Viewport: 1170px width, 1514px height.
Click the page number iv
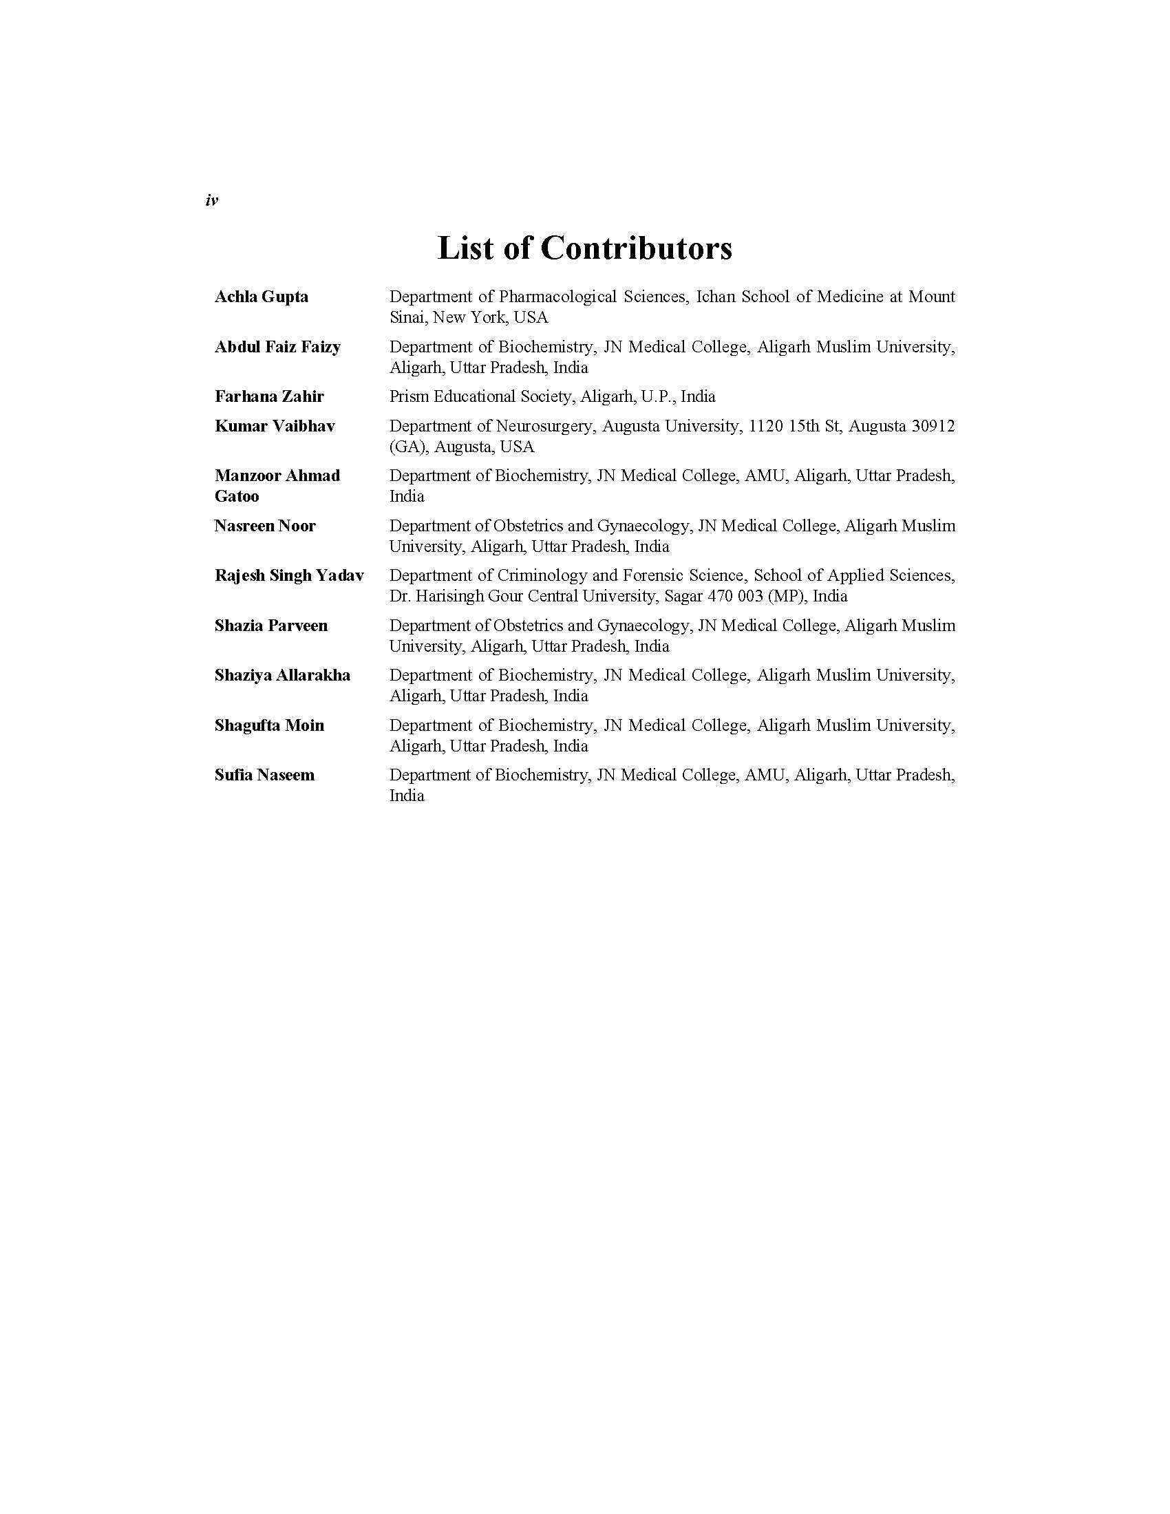[x=211, y=201]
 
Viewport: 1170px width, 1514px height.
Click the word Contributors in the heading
[x=636, y=248]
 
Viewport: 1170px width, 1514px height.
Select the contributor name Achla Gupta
[x=262, y=297]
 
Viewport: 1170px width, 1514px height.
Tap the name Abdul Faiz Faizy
[x=277, y=347]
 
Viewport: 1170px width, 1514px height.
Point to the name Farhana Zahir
[x=269, y=396]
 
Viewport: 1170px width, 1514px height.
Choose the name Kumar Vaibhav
[x=275, y=425]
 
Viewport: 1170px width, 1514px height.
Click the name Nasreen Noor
[x=265, y=526]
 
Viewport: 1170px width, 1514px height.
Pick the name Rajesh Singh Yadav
[x=289, y=575]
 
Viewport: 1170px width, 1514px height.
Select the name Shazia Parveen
[x=271, y=626]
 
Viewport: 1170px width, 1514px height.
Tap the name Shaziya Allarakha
[x=282, y=675]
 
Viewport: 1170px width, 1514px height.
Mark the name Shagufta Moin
[x=269, y=725]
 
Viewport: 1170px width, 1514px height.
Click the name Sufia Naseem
[x=264, y=775]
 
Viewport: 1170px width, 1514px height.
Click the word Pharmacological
[x=557, y=297]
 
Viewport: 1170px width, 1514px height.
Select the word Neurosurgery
[x=545, y=425]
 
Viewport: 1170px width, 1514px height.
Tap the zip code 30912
[x=933, y=425]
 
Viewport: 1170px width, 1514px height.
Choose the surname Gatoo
[x=236, y=496]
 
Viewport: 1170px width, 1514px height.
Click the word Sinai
[x=407, y=317]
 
